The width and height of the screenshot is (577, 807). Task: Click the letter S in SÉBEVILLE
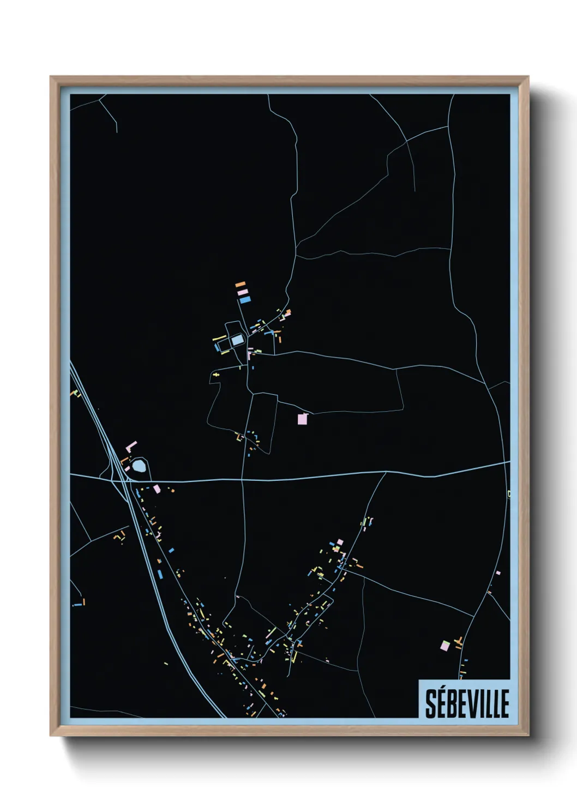431,703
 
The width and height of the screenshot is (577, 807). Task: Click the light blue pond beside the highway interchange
139,466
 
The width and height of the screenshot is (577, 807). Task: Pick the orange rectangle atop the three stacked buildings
240,284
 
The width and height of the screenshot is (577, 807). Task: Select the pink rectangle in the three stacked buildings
243,292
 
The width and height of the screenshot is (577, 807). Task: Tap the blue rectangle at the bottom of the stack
245,299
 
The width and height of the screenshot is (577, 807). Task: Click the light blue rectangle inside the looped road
237,340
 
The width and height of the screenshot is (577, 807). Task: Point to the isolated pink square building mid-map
302,419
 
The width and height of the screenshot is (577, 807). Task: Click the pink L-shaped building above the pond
131,447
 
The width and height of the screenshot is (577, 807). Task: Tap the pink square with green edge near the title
445,646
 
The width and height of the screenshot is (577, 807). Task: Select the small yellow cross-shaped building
217,375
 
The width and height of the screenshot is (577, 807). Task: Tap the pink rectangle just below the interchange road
157,489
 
